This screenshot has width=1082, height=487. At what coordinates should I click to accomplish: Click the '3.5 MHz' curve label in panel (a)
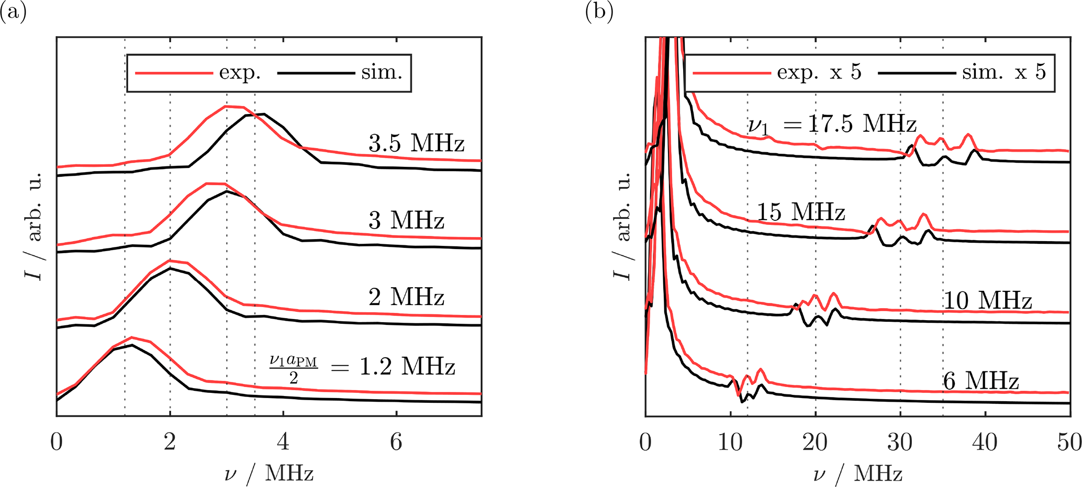(x=416, y=143)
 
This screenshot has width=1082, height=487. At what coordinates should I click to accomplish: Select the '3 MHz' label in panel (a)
(x=406, y=220)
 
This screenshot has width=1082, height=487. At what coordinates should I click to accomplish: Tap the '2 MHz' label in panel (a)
(x=406, y=297)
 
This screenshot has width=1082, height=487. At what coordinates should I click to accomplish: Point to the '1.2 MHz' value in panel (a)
(x=407, y=367)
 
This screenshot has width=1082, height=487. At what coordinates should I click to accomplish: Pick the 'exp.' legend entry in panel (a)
(x=240, y=73)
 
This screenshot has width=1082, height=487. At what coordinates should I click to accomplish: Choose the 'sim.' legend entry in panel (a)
(x=382, y=73)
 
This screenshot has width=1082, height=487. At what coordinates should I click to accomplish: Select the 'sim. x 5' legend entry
(x=1003, y=73)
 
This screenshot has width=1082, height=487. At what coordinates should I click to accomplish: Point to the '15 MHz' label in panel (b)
(x=801, y=212)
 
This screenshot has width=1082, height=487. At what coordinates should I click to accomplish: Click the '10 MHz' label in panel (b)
(x=987, y=301)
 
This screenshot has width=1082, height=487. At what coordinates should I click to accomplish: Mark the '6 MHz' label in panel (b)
(x=981, y=381)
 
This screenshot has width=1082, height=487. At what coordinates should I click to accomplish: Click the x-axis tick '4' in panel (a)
(x=283, y=443)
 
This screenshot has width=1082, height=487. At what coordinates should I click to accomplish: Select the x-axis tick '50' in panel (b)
(x=1069, y=443)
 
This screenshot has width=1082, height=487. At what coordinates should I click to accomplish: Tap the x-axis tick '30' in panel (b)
(x=900, y=443)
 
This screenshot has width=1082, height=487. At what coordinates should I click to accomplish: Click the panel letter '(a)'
(x=13, y=12)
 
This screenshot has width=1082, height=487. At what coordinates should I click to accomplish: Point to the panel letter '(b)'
(x=599, y=12)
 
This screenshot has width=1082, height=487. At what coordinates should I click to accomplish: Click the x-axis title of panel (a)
(x=269, y=474)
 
